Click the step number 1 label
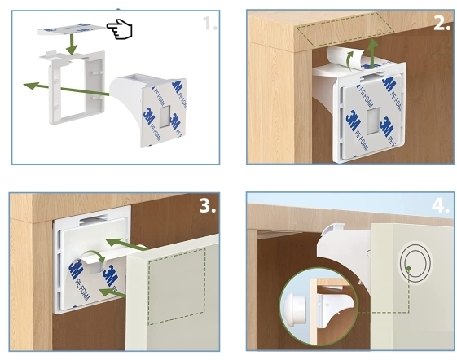click(x=210, y=24)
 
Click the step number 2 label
click(x=442, y=23)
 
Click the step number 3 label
click(x=208, y=205)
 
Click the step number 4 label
click(x=441, y=205)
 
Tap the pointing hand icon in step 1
click(x=120, y=29)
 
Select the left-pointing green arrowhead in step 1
click(x=31, y=86)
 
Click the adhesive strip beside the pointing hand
click(x=72, y=29)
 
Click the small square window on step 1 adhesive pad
click(x=165, y=116)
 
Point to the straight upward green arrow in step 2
click(x=372, y=54)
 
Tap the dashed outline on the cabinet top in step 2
click(x=345, y=29)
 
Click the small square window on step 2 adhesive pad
click(x=373, y=121)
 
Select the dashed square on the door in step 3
click(x=177, y=286)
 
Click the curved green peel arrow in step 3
click(x=93, y=256)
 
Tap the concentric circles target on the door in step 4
click(x=415, y=261)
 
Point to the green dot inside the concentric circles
click(x=409, y=269)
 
